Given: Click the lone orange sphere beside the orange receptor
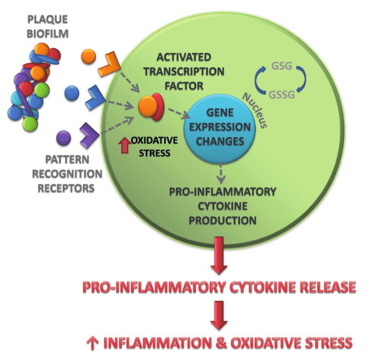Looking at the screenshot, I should [x=88, y=57].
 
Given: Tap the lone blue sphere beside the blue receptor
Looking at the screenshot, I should [x=71, y=93].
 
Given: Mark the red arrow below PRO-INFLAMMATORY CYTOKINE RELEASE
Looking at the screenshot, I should [x=219, y=314].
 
